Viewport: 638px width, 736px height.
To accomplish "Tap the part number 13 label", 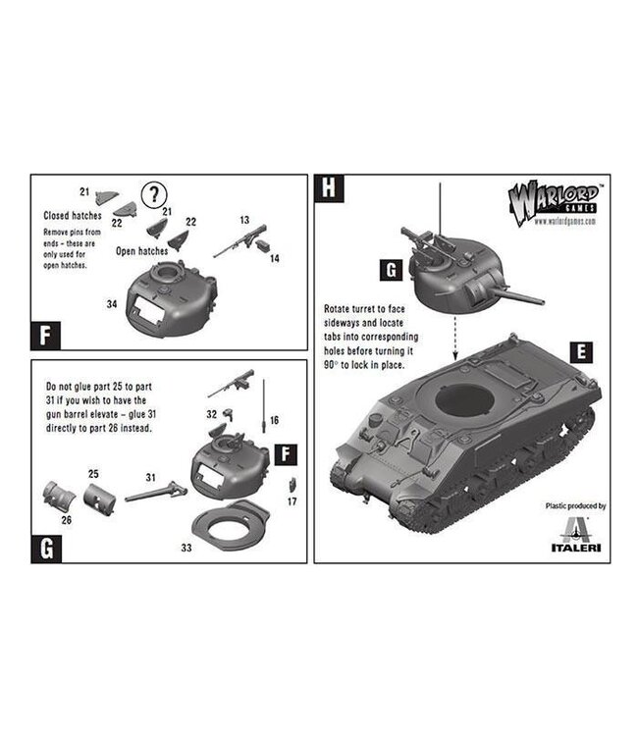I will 243,221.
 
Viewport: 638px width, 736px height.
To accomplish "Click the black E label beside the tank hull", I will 582,350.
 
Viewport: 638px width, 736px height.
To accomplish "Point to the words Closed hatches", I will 72,215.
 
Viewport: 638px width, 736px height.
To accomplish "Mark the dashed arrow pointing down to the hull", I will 454,343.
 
